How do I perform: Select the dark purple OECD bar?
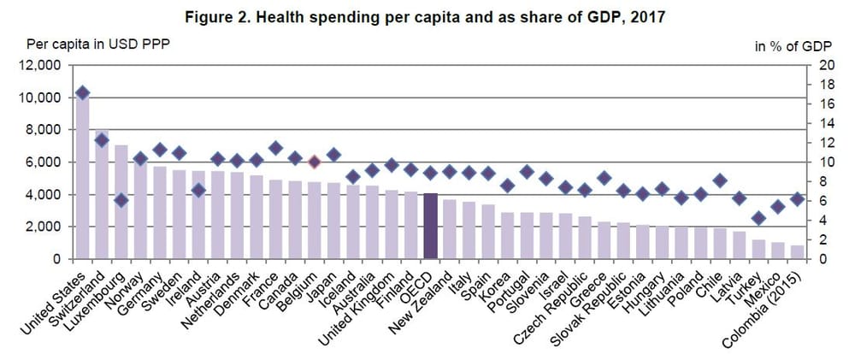point(431,226)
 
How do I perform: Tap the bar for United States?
point(83,180)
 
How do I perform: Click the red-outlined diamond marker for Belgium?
point(314,162)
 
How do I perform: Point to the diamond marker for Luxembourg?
point(121,200)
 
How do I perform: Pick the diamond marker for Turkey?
point(758,218)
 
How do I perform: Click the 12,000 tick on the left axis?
point(42,66)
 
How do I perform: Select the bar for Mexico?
point(778,250)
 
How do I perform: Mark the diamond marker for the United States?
point(83,92)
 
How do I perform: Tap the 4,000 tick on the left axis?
point(42,194)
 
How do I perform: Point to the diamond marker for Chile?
point(720,180)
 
